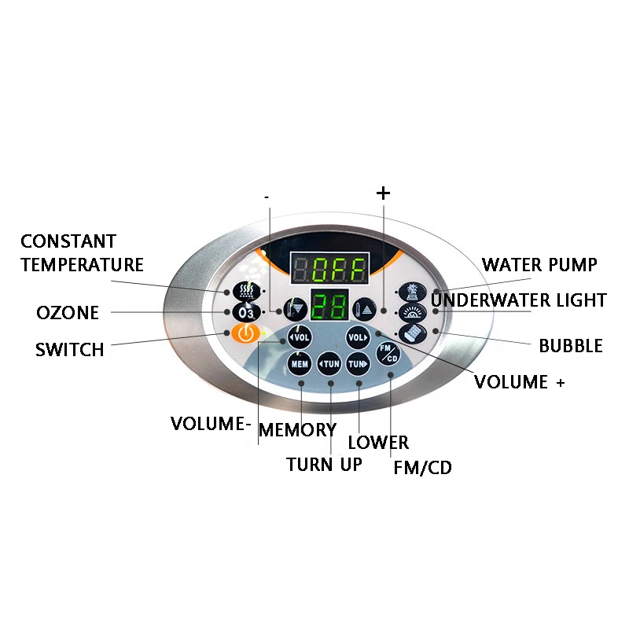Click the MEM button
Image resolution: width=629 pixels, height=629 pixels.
299,364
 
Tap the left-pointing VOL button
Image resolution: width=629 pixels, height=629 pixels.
299,337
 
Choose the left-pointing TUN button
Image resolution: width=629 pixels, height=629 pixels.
329,364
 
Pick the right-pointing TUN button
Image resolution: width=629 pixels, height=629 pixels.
359,364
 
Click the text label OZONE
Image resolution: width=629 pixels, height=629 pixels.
68,313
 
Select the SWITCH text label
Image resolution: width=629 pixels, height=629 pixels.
69,350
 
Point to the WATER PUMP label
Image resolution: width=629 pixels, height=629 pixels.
539,264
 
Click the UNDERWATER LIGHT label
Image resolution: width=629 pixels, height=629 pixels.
519,300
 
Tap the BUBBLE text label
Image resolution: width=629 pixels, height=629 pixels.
571,346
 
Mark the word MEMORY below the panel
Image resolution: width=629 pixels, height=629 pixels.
297,430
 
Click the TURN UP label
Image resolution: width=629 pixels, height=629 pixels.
324,465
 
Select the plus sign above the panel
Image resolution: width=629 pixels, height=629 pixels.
383,193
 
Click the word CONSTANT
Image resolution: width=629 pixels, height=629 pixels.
68,241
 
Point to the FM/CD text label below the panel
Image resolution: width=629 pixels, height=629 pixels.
422,469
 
